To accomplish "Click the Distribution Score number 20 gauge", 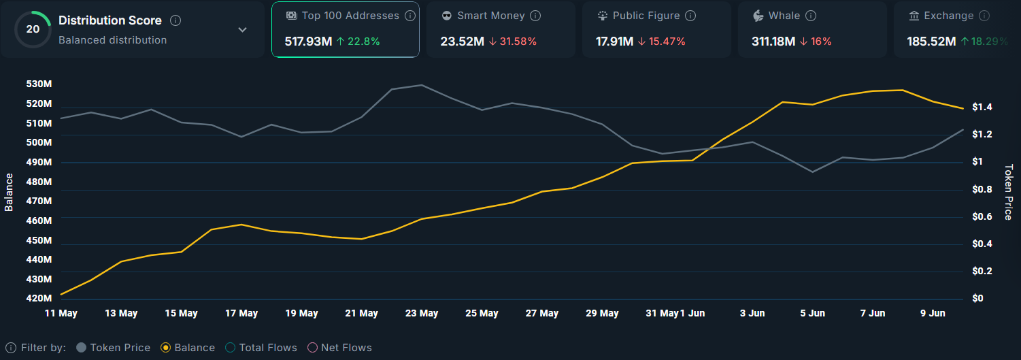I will tap(33, 29).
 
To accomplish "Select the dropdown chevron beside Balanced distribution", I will tap(242, 30).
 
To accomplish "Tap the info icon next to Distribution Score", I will tap(175, 20).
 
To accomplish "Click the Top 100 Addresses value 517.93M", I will tap(308, 42).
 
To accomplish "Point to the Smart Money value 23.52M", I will tap(462, 42).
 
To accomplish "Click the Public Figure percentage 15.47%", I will tap(667, 42).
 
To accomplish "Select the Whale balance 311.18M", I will tap(773, 42).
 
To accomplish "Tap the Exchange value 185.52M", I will tap(931, 42).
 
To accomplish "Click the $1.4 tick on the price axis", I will tap(982, 107).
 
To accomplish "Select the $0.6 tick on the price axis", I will tap(982, 216).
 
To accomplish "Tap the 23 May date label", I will tap(422, 313).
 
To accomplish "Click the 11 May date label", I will tap(61, 313).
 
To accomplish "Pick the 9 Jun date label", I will tap(933, 313).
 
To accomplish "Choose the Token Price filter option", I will tap(113, 348).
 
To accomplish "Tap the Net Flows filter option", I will tap(340, 348).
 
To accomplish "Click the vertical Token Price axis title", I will tap(1008, 192).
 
